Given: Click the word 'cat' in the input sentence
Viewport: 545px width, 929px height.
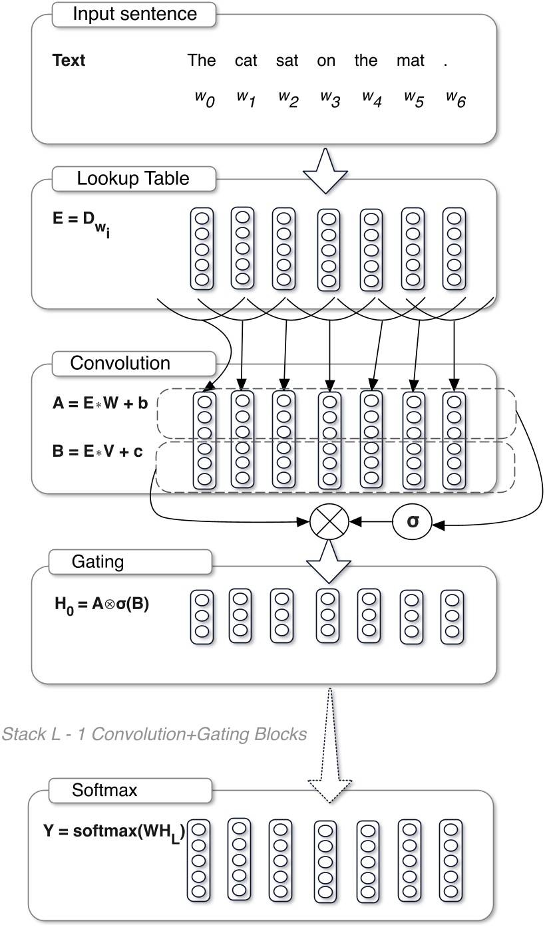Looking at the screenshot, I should pos(246,61).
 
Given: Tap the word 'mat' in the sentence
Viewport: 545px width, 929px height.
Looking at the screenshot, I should pos(410,61).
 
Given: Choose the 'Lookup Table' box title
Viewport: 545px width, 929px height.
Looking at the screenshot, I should pos(133,178).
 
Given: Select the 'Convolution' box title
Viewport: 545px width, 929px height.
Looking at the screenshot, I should pos(120,364).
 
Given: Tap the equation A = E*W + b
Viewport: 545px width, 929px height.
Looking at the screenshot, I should pos(100,404).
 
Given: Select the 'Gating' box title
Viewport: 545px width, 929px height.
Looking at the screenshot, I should pos(97,561).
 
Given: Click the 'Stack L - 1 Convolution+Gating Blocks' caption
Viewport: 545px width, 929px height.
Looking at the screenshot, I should pos(155,734).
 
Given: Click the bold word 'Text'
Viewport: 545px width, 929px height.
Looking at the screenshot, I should pos(69,61).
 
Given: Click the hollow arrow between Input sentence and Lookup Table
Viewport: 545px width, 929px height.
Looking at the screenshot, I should pos(325,170).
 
